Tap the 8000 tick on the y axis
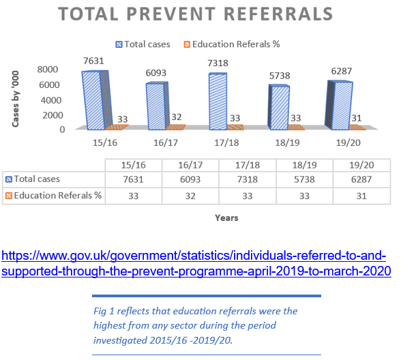(x=47, y=70)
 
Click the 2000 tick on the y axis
(x=47, y=115)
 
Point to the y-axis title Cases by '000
(x=16, y=98)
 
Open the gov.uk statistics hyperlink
(x=194, y=264)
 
